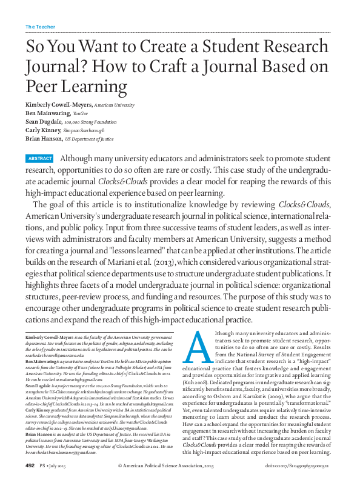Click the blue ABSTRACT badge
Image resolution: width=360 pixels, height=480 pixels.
[40, 158]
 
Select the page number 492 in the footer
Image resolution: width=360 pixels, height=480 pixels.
[30, 465]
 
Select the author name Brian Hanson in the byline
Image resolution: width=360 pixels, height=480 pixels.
[45, 138]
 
